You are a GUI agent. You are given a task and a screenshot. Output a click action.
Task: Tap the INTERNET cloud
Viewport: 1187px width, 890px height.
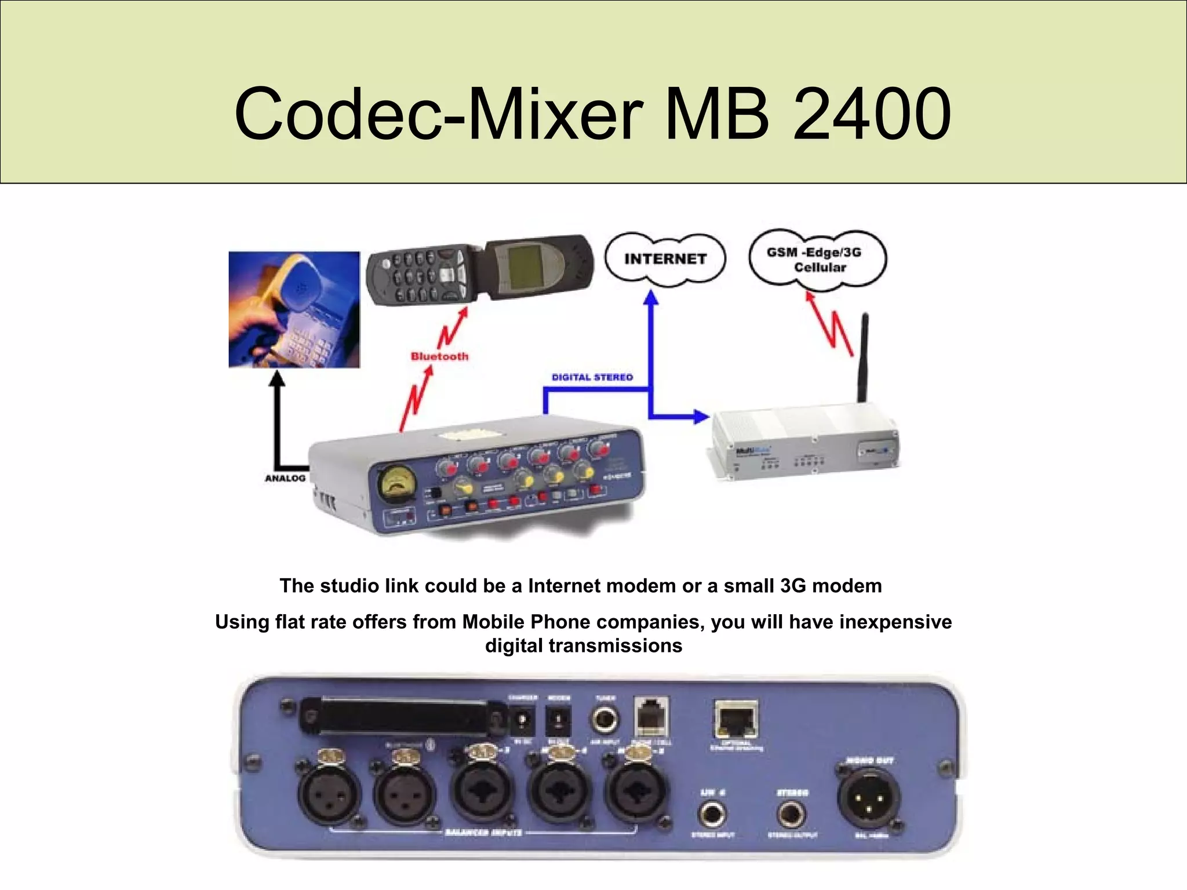tap(665, 258)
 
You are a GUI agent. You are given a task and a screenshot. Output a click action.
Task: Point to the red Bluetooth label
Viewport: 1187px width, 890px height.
tap(439, 356)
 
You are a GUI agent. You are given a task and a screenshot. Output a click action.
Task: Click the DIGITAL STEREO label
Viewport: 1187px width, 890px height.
tap(592, 377)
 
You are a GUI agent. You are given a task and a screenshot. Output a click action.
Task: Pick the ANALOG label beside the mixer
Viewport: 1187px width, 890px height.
tap(285, 478)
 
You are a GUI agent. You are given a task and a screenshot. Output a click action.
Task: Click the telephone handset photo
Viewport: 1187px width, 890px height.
tap(294, 309)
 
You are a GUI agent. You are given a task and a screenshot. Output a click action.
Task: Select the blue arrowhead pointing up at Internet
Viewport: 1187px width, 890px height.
tap(651, 298)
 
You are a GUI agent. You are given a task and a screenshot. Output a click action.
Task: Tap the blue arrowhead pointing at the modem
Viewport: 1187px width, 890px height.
tap(701, 415)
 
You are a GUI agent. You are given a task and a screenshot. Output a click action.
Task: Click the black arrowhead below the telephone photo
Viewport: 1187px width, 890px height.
tap(278, 379)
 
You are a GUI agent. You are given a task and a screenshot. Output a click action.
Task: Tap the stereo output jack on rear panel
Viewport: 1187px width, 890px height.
tap(791, 814)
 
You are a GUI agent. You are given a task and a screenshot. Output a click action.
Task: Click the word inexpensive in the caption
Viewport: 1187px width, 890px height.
tap(895, 622)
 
